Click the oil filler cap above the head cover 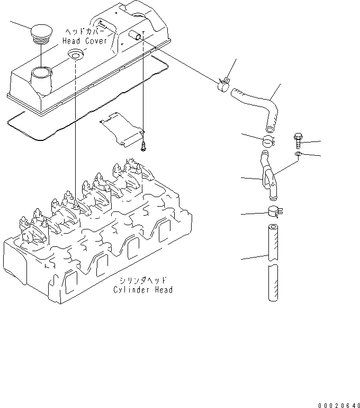(41, 33)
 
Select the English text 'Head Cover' (85, 41)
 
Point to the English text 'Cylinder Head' (143, 290)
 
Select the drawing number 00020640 (339, 404)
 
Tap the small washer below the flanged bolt (299, 154)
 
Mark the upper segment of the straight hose (272, 242)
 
